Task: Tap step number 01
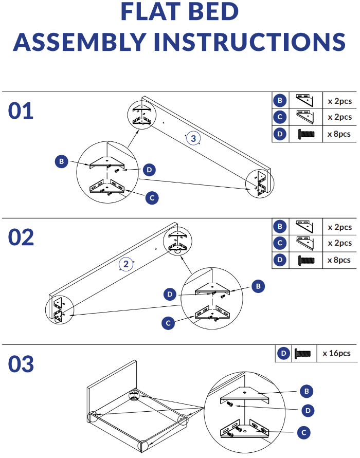(21, 111)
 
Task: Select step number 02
(21, 237)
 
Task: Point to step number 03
(21, 364)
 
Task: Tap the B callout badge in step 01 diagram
(61, 162)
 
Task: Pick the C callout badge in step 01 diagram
(151, 197)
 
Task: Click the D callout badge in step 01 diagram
(149, 169)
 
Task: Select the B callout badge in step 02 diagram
(259, 285)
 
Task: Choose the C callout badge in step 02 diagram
(168, 323)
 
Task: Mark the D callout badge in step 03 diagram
(307, 410)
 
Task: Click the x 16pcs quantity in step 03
(336, 353)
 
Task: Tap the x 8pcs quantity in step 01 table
(339, 134)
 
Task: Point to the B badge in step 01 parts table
(280, 101)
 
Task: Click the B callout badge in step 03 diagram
(307, 392)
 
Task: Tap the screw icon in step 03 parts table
(303, 354)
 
